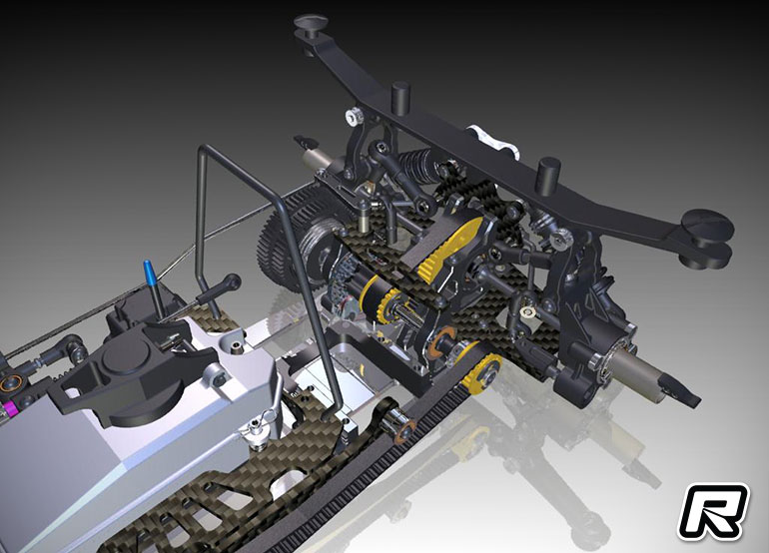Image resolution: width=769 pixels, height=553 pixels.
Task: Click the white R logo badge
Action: coord(714,512)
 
